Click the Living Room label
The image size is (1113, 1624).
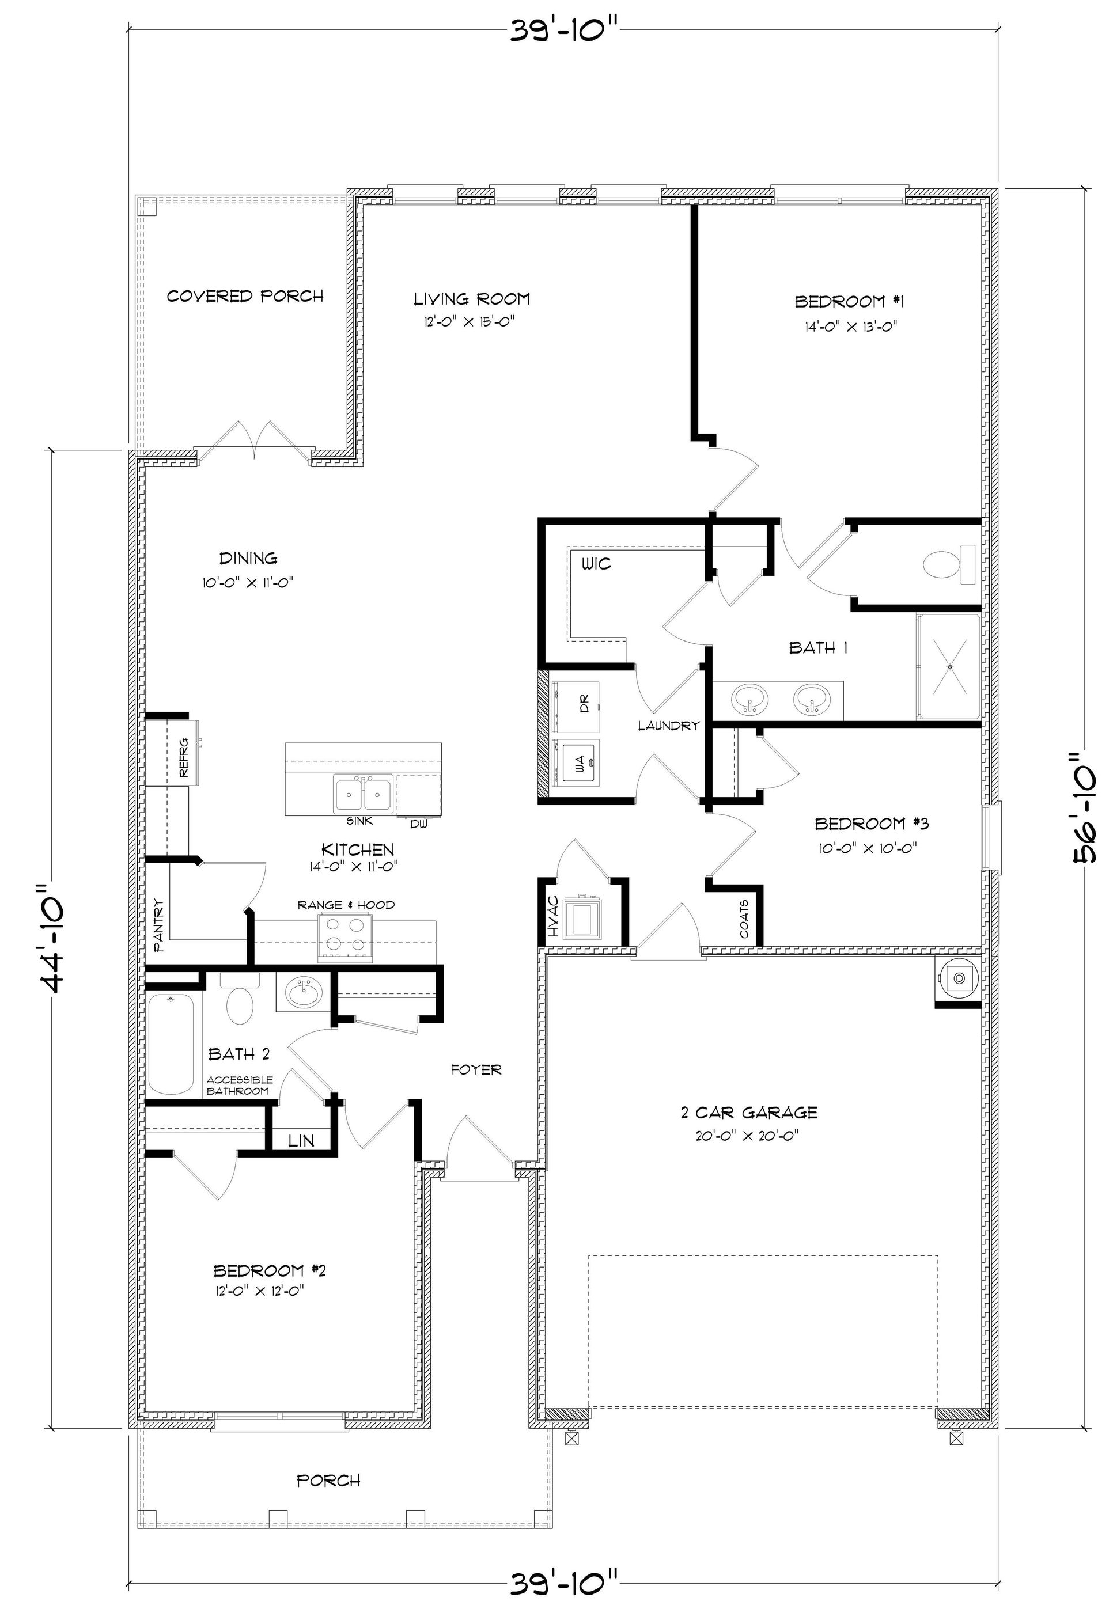tap(471, 299)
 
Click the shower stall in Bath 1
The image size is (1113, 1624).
tap(949, 667)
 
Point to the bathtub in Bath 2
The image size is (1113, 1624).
tap(171, 1044)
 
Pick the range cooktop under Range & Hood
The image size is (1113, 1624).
tap(344, 936)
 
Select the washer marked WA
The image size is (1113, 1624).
tap(576, 762)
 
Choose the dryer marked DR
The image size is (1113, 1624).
tap(576, 702)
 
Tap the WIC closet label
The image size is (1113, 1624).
tap(596, 563)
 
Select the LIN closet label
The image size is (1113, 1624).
tap(301, 1142)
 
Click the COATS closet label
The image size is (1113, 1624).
tap(743, 919)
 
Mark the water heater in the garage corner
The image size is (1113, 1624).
tap(959, 979)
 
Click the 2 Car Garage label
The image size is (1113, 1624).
tap(749, 1112)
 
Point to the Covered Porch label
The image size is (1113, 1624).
tap(245, 296)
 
